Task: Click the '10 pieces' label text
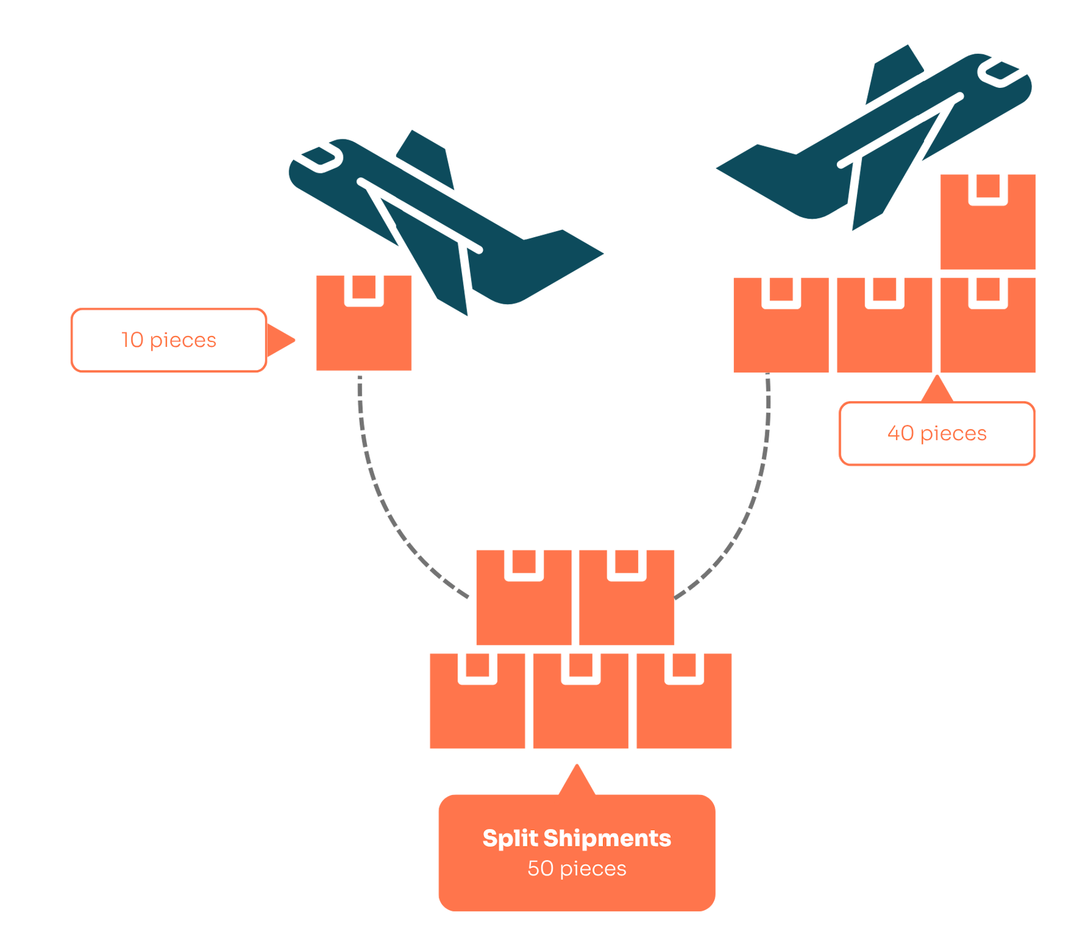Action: tap(169, 340)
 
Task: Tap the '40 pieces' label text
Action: tap(937, 434)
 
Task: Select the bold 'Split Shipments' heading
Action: tap(577, 838)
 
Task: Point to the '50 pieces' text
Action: tap(577, 869)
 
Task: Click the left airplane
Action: tap(447, 224)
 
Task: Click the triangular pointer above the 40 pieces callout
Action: tap(937, 390)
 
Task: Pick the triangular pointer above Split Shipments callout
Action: tap(577, 780)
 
